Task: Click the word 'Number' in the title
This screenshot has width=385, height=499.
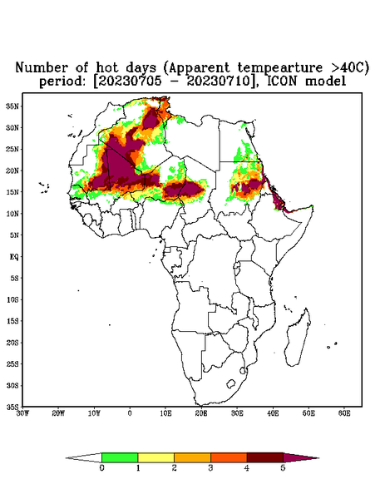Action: (42, 68)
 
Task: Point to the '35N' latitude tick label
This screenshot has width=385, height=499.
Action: (12, 106)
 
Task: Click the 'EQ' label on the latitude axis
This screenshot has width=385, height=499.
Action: (14, 256)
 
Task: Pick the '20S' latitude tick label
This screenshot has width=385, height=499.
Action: (12, 343)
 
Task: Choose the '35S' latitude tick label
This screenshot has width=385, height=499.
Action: (12, 407)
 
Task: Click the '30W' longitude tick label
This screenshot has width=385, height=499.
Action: (22, 413)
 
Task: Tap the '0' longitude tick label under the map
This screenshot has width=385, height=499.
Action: (130, 413)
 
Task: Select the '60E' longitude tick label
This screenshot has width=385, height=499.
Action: (344, 413)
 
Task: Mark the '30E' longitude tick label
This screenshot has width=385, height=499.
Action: (237, 413)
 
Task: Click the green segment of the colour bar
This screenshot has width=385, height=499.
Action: (120, 457)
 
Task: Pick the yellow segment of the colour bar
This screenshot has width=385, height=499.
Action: (155, 457)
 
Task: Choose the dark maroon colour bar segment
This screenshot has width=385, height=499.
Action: (265, 457)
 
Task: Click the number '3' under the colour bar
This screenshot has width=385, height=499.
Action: (210, 468)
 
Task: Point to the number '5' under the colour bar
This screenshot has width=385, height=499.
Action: (283, 468)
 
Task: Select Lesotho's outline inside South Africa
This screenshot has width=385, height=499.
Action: (230, 383)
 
